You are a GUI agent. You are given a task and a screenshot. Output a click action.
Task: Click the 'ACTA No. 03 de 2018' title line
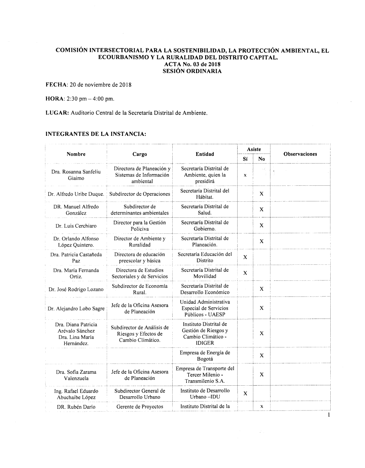tap(192, 64)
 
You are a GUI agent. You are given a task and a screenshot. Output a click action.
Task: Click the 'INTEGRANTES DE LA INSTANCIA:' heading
tap(96, 134)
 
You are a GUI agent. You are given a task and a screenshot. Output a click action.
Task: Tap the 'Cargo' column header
tap(140, 154)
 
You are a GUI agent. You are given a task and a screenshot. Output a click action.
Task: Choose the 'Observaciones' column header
tap(300, 154)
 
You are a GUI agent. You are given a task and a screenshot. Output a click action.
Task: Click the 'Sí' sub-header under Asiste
tap(245, 159)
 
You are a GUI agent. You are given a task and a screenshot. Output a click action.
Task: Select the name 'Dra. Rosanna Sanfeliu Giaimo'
tap(76, 175)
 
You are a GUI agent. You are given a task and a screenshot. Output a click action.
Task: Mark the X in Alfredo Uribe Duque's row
tap(262, 194)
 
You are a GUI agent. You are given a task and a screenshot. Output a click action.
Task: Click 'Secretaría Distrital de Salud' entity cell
tap(205, 210)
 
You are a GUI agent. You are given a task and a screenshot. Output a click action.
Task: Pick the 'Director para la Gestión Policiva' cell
tap(140, 226)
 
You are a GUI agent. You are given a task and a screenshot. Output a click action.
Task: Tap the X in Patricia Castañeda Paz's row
tap(245, 257)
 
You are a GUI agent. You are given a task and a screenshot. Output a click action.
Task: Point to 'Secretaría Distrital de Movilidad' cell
tap(205, 273)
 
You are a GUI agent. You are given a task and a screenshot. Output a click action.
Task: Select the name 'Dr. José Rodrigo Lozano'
tap(76, 290)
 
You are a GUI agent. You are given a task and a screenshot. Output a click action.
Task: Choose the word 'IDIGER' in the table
tap(205, 343)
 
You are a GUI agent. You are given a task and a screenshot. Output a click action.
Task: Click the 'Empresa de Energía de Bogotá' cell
tap(205, 356)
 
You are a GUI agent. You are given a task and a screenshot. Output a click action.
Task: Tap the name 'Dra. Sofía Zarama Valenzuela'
tap(76, 375)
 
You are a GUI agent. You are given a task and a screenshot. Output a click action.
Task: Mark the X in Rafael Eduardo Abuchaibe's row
tap(245, 394)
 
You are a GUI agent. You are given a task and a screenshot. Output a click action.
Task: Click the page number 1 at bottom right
tap(329, 415)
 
